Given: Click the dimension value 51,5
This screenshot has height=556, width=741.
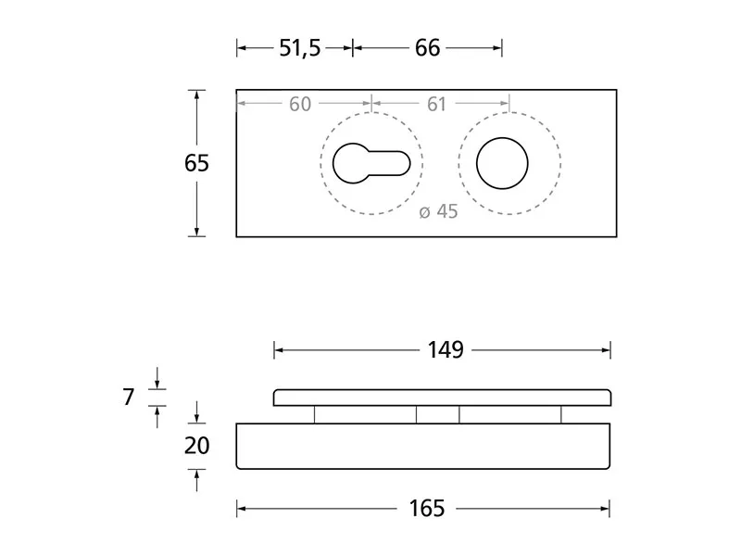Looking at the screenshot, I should (x=299, y=48).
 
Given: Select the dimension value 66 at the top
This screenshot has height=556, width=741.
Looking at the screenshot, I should (x=427, y=48).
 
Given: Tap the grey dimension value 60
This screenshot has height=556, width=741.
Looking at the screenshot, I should (x=300, y=105).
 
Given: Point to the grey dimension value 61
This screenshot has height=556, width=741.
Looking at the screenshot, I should (x=436, y=105).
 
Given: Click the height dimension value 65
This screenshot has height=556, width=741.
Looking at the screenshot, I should (x=196, y=163).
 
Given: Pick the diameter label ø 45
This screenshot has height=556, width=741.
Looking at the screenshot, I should (x=438, y=211).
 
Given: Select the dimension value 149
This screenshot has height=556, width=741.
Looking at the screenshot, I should (x=445, y=349).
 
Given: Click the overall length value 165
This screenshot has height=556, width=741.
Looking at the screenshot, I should (x=426, y=508).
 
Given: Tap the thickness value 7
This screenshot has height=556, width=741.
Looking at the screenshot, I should (x=129, y=398).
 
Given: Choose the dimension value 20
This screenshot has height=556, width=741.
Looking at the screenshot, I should (x=196, y=446).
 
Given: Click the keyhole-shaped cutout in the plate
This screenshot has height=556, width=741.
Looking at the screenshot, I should (x=366, y=164).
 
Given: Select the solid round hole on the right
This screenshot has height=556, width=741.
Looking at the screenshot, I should (x=502, y=164).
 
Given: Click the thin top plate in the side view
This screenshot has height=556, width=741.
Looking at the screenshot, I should (x=442, y=398).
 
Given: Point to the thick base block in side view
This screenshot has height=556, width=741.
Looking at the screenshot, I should (x=423, y=446).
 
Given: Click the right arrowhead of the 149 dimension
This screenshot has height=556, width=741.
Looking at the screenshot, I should (x=606, y=349).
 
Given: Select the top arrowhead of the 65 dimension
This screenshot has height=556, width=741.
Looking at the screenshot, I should (x=196, y=94).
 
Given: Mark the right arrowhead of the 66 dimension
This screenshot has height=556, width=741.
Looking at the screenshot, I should (x=498, y=48).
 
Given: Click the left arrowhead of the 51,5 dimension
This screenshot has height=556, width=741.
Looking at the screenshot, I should (x=241, y=48).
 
